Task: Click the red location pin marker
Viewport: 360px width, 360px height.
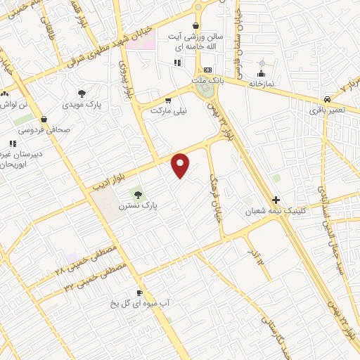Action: pos(181,165)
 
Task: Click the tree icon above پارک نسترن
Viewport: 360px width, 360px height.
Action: pos(138,193)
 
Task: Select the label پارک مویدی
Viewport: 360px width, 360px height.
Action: pos(82,105)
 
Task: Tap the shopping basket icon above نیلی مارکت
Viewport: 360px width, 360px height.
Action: pos(167,100)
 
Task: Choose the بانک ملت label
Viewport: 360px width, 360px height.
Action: pos(208,82)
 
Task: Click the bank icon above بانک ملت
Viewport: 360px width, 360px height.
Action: pos(207,70)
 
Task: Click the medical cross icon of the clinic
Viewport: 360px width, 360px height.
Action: pos(276,200)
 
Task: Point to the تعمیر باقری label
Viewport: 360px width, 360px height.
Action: pos(328,110)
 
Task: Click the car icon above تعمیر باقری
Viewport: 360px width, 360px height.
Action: pos(328,100)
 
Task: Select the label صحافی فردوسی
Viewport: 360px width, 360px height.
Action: pos(44,129)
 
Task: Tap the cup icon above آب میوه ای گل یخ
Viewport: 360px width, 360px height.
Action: pos(139,292)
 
